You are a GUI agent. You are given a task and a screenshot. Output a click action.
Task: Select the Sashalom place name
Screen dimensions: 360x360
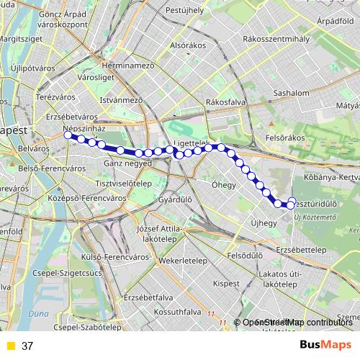[292, 94]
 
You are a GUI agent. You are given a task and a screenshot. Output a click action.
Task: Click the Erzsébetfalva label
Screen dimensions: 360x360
[148, 297]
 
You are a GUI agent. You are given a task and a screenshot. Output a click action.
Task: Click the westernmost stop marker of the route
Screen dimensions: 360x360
[68, 135]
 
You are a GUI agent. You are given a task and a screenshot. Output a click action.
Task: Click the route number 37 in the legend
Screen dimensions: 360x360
[27, 346]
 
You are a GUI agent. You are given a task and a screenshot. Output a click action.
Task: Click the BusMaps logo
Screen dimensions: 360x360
[325, 345]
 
